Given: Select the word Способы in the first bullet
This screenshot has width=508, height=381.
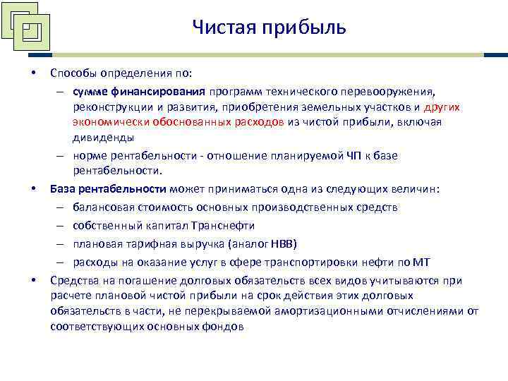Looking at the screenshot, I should point(73,73).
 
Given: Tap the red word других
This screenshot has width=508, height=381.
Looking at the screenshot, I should point(442,107).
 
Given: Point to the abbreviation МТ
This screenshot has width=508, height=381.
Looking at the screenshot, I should point(421,262).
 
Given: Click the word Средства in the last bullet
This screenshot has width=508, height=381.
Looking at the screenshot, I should point(73,280).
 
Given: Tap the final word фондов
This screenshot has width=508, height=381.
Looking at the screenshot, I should point(224,327).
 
